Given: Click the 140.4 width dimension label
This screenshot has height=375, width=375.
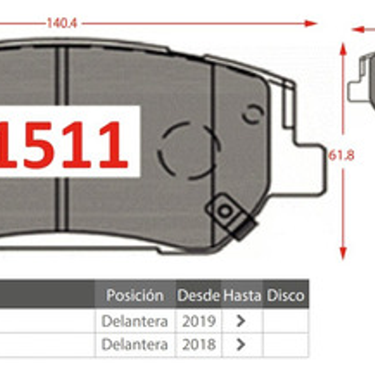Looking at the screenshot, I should [x=62, y=23].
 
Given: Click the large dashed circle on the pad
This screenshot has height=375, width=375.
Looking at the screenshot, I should [x=188, y=150].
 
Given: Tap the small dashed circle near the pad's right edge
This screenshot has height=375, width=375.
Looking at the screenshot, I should [x=253, y=114].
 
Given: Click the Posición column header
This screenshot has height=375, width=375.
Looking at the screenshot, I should [x=135, y=296].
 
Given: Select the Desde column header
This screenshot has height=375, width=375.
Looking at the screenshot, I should [x=198, y=296].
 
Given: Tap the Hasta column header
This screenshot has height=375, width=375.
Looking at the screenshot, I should [x=242, y=296].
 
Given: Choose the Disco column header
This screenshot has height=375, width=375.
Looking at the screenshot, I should [x=286, y=296].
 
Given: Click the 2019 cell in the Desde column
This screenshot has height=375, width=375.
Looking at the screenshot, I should [x=198, y=321].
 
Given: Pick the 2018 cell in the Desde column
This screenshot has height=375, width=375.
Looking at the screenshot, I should [x=198, y=344].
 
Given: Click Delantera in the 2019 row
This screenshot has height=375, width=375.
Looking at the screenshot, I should [x=135, y=321].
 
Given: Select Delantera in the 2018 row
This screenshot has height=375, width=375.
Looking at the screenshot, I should [x=135, y=344].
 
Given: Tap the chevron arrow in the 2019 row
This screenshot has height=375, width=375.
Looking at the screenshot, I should [x=241, y=321].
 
